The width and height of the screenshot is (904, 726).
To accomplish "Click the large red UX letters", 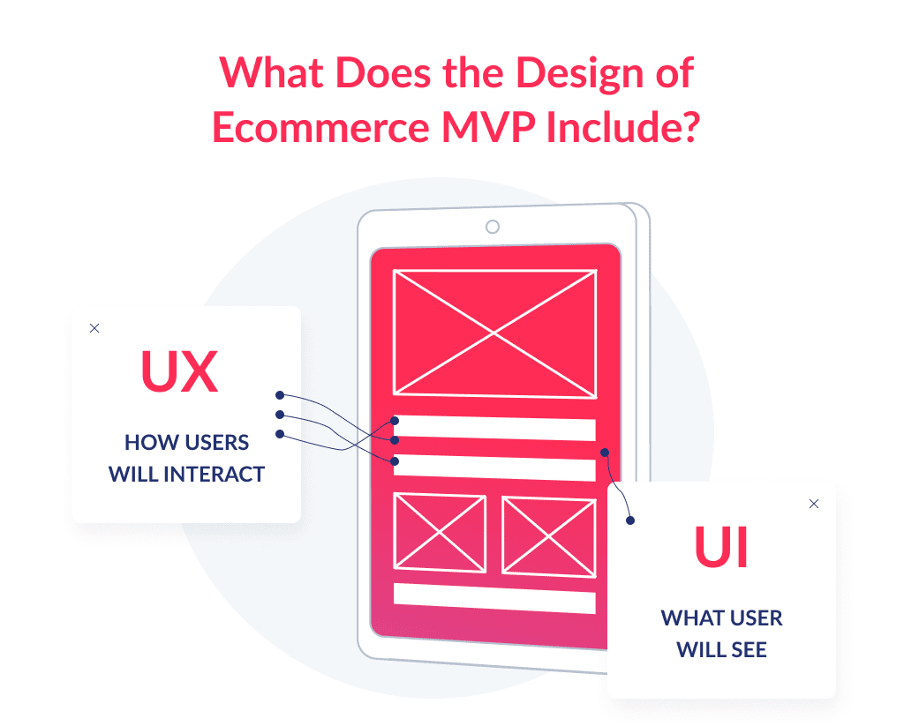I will click(179, 372).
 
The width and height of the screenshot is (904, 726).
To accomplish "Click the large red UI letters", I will click(721, 547).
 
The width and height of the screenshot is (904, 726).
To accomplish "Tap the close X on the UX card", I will click(94, 328).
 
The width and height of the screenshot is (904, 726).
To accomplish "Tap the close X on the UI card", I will click(814, 504).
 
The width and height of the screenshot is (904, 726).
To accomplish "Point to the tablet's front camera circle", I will click(493, 227).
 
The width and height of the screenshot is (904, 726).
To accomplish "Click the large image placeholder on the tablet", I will click(494, 333).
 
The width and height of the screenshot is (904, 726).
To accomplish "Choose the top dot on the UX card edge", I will click(279, 395).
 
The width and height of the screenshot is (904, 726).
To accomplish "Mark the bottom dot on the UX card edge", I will click(279, 433).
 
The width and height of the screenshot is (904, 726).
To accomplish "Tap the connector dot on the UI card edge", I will click(629, 520).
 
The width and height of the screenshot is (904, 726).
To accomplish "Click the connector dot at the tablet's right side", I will click(605, 453).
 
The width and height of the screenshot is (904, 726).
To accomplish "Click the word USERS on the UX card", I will click(217, 442).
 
